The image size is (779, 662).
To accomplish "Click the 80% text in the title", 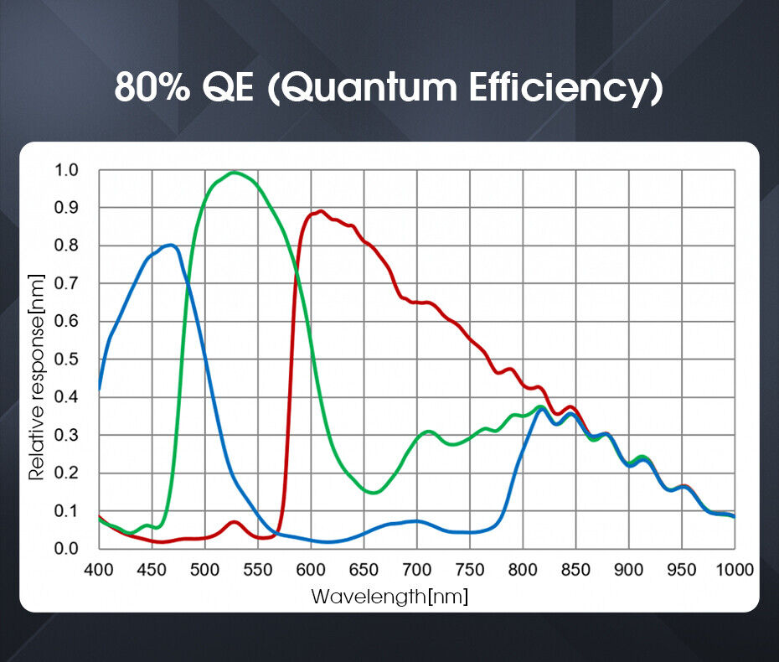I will [x=152, y=86].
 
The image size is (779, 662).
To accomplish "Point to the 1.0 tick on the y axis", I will [x=66, y=170].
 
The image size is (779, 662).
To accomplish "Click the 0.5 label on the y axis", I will [x=66, y=359].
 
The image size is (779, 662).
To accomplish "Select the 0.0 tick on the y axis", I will [x=66, y=549].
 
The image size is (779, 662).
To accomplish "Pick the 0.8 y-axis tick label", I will [x=66, y=246].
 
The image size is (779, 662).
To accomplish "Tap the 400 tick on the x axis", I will [x=100, y=570].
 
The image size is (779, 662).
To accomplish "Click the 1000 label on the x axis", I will [x=735, y=570].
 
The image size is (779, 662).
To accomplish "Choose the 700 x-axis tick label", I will [x=416, y=570].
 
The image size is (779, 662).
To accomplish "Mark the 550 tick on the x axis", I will [x=258, y=570].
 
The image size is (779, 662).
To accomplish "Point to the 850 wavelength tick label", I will [x=575, y=570].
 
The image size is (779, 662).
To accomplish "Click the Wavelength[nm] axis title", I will [x=389, y=597].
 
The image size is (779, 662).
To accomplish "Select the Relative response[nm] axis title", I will [x=37, y=376].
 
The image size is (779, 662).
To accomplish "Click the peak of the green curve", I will [x=234, y=173].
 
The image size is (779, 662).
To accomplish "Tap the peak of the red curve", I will [x=320, y=211].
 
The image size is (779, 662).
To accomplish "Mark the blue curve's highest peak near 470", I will [x=171, y=245].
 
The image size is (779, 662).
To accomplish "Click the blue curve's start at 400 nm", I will [x=100, y=389].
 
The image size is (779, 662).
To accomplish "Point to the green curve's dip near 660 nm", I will [x=374, y=493].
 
